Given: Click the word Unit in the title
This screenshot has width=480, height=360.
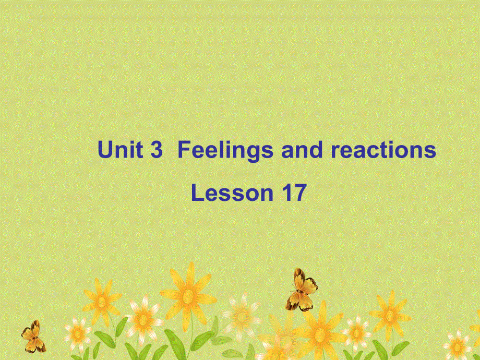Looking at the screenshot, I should pyautogui.click(x=120, y=150).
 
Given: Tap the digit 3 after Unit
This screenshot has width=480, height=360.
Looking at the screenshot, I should pyautogui.click(x=157, y=150).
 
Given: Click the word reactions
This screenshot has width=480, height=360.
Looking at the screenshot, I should pyautogui.click(x=383, y=150).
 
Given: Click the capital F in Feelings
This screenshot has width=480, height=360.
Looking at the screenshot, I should pyautogui.click(x=184, y=150).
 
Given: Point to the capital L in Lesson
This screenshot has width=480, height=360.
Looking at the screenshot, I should pyautogui.click(x=197, y=193).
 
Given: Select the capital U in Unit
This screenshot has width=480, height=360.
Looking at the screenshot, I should pyautogui.click(x=104, y=150).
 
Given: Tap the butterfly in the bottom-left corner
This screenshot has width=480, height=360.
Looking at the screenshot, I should pyautogui.click(x=33, y=337).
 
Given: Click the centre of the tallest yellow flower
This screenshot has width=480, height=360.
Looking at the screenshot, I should pyautogui.click(x=188, y=296).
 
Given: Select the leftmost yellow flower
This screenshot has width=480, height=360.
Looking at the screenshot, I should pyautogui.click(x=102, y=301).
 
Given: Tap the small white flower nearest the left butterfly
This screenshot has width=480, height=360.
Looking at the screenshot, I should pyautogui.click(x=77, y=332).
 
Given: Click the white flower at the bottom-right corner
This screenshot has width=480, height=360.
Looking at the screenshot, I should pyautogui.click(x=457, y=345).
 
